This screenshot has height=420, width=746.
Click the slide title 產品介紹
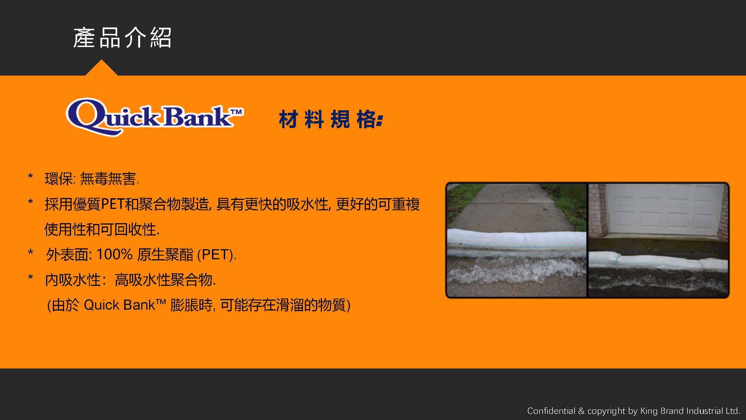122,38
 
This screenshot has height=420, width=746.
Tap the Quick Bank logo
155,117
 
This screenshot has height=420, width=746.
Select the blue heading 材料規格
331,119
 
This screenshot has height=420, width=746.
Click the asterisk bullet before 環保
30,176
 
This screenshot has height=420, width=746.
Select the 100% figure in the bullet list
114,254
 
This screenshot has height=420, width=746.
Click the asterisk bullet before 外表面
30,252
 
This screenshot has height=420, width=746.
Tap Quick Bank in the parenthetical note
125,305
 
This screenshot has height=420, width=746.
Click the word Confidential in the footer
551,411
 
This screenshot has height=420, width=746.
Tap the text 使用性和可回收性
102,229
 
